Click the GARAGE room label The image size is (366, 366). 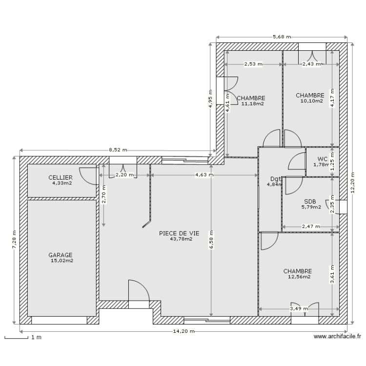click(61, 255)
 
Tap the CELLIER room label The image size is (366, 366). click(61, 177)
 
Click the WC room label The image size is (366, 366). click(322, 159)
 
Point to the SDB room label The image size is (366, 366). click(310, 201)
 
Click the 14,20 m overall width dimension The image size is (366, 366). click(183, 331)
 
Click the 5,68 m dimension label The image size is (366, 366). click(282, 37)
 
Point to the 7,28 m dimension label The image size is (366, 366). click(14, 240)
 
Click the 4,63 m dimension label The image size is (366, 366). click(203, 174)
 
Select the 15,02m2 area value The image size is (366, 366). click(61, 261)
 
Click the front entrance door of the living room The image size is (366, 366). click(138, 293)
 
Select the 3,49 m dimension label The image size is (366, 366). click(298, 308)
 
